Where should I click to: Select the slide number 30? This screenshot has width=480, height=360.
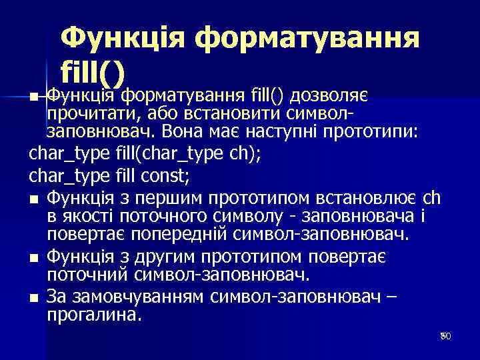point(445,337)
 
